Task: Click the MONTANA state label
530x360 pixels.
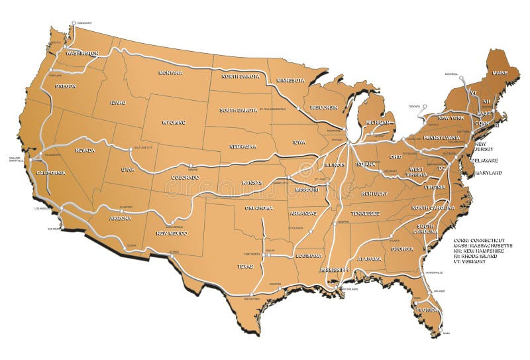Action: pyautogui.click(x=171, y=72)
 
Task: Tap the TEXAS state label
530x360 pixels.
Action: pyautogui.click(x=245, y=267)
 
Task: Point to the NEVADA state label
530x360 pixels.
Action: pyautogui.click(x=85, y=150)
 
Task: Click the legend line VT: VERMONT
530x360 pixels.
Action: pyautogui.click(x=470, y=262)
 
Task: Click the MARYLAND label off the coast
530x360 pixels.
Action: pyautogui.click(x=487, y=173)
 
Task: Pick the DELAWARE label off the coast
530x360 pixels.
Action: pyautogui.click(x=486, y=160)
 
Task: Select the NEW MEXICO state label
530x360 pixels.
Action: pyautogui.click(x=171, y=233)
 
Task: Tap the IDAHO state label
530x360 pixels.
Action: pyautogui.click(x=118, y=102)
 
